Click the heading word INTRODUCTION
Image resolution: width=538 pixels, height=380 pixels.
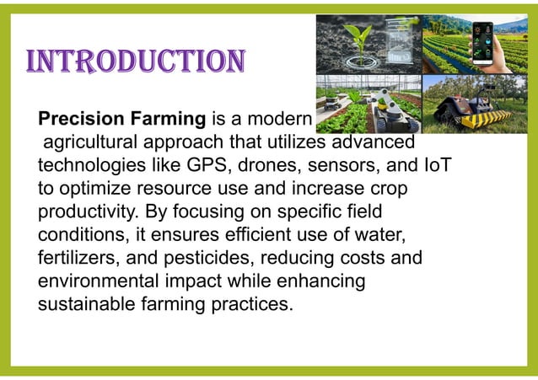coord(136,62)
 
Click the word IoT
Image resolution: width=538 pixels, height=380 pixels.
coord(436,164)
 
